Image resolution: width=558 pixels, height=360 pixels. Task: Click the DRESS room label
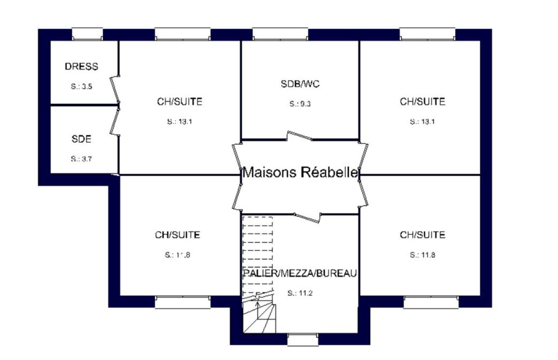tap(81, 67)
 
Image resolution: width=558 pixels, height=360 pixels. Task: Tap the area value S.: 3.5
tap(81, 87)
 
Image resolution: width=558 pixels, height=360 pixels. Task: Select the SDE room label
tap(81, 139)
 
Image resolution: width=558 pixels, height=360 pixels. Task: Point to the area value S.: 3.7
tap(81, 159)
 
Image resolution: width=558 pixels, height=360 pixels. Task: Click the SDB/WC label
tap(300, 84)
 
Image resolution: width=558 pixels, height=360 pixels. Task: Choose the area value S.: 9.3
tap(300, 104)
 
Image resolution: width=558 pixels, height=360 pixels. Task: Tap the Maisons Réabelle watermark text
tap(300, 172)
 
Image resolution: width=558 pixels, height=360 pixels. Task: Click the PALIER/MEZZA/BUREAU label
tap(300, 273)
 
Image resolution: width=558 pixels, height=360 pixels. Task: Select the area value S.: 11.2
tap(300, 293)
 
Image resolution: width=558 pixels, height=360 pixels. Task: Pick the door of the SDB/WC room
tap(299, 136)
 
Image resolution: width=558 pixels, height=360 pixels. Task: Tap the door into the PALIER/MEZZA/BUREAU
tap(307, 218)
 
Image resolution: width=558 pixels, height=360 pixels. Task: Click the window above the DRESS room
tap(87, 34)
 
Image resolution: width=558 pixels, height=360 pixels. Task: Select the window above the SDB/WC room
tap(280, 34)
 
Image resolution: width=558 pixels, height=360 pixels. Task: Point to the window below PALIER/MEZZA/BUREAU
tap(303, 340)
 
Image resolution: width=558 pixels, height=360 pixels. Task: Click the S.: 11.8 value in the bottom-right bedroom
tap(423, 255)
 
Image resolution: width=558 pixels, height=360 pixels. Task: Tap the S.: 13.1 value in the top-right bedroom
tap(423, 121)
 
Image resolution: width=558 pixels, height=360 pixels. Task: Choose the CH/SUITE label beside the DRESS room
tap(179, 102)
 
